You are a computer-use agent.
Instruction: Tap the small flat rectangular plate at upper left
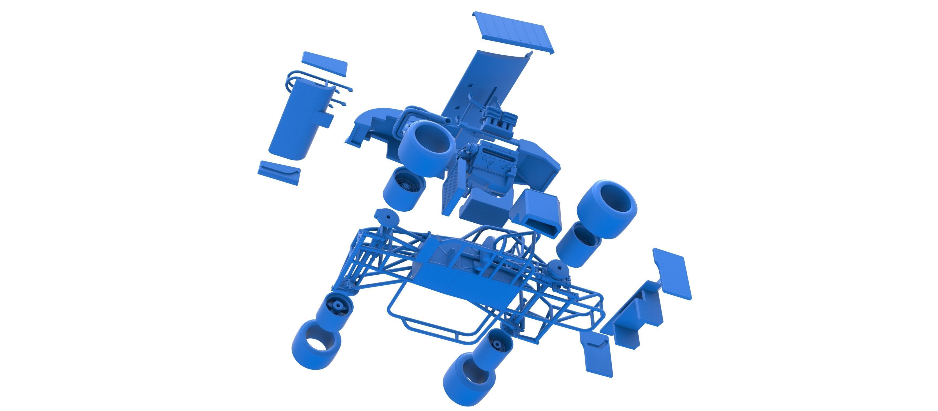(324, 64)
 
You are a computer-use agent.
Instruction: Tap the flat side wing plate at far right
(672, 273)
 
